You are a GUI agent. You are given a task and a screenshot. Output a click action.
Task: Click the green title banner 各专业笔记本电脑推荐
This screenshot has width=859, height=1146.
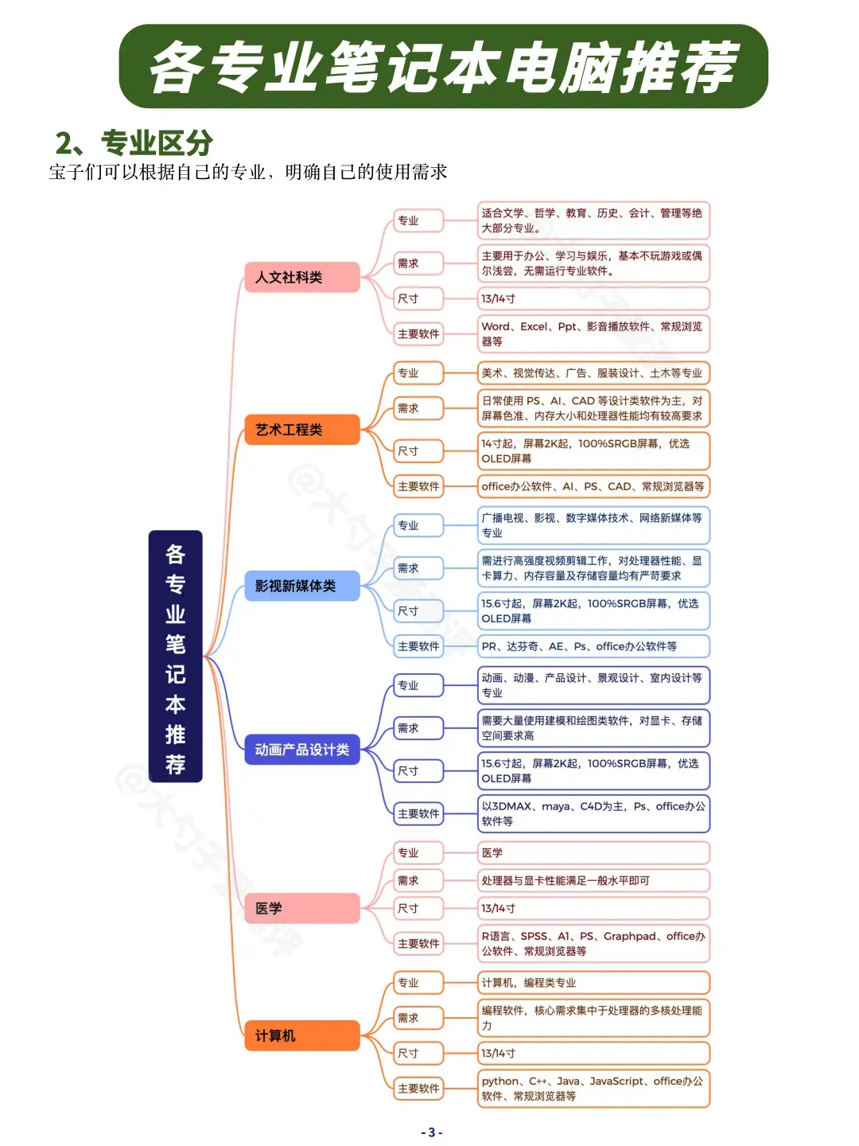click(x=443, y=67)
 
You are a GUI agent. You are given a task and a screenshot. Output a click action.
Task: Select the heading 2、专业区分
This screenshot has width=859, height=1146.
click(x=134, y=143)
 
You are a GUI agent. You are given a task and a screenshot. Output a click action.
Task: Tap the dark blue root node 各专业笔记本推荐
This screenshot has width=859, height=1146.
click(x=175, y=657)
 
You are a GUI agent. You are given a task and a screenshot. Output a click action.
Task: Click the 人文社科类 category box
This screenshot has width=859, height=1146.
click(x=301, y=277)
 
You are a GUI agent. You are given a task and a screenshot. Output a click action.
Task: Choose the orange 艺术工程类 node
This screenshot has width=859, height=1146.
click(x=301, y=430)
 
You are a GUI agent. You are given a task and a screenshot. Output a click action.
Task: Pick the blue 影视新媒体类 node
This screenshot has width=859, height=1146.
click(x=301, y=586)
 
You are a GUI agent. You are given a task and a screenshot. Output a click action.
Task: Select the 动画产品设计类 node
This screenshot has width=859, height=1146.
click(x=301, y=750)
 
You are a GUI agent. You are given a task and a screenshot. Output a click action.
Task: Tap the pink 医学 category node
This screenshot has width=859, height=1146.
click(x=301, y=908)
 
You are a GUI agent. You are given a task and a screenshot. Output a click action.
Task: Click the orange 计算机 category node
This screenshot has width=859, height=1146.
click(x=301, y=1035)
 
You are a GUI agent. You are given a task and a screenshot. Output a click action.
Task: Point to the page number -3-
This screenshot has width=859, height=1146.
click(x=431, y=1132)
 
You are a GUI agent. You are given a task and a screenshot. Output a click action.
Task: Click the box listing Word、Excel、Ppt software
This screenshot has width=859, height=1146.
click(x=593, y=333)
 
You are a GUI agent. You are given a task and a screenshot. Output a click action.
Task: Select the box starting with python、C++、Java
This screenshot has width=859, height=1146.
click(x=593, y=1088)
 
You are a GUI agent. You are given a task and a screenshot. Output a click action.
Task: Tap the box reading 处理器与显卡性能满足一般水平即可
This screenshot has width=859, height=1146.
click(x=593, y=880)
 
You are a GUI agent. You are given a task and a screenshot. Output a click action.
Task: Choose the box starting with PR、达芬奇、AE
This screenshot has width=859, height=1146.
click(x=593, y=646)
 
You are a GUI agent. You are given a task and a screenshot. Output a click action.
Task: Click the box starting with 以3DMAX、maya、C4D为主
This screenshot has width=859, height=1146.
click(x=593, y=813)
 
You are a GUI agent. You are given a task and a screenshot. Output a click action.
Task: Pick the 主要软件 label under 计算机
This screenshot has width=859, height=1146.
click(x=418, y=1088)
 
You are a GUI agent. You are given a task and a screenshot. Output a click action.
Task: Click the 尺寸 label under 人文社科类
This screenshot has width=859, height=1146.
click(x=418, y=298)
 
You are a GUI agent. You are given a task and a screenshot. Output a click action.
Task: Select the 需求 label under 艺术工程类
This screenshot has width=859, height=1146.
click(x=418, y=408)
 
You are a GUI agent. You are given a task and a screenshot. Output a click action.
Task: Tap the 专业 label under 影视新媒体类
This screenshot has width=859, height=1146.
click(x=418, y=525)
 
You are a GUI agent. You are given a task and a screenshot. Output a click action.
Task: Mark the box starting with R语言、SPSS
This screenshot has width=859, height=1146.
click(x=593, y=943)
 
